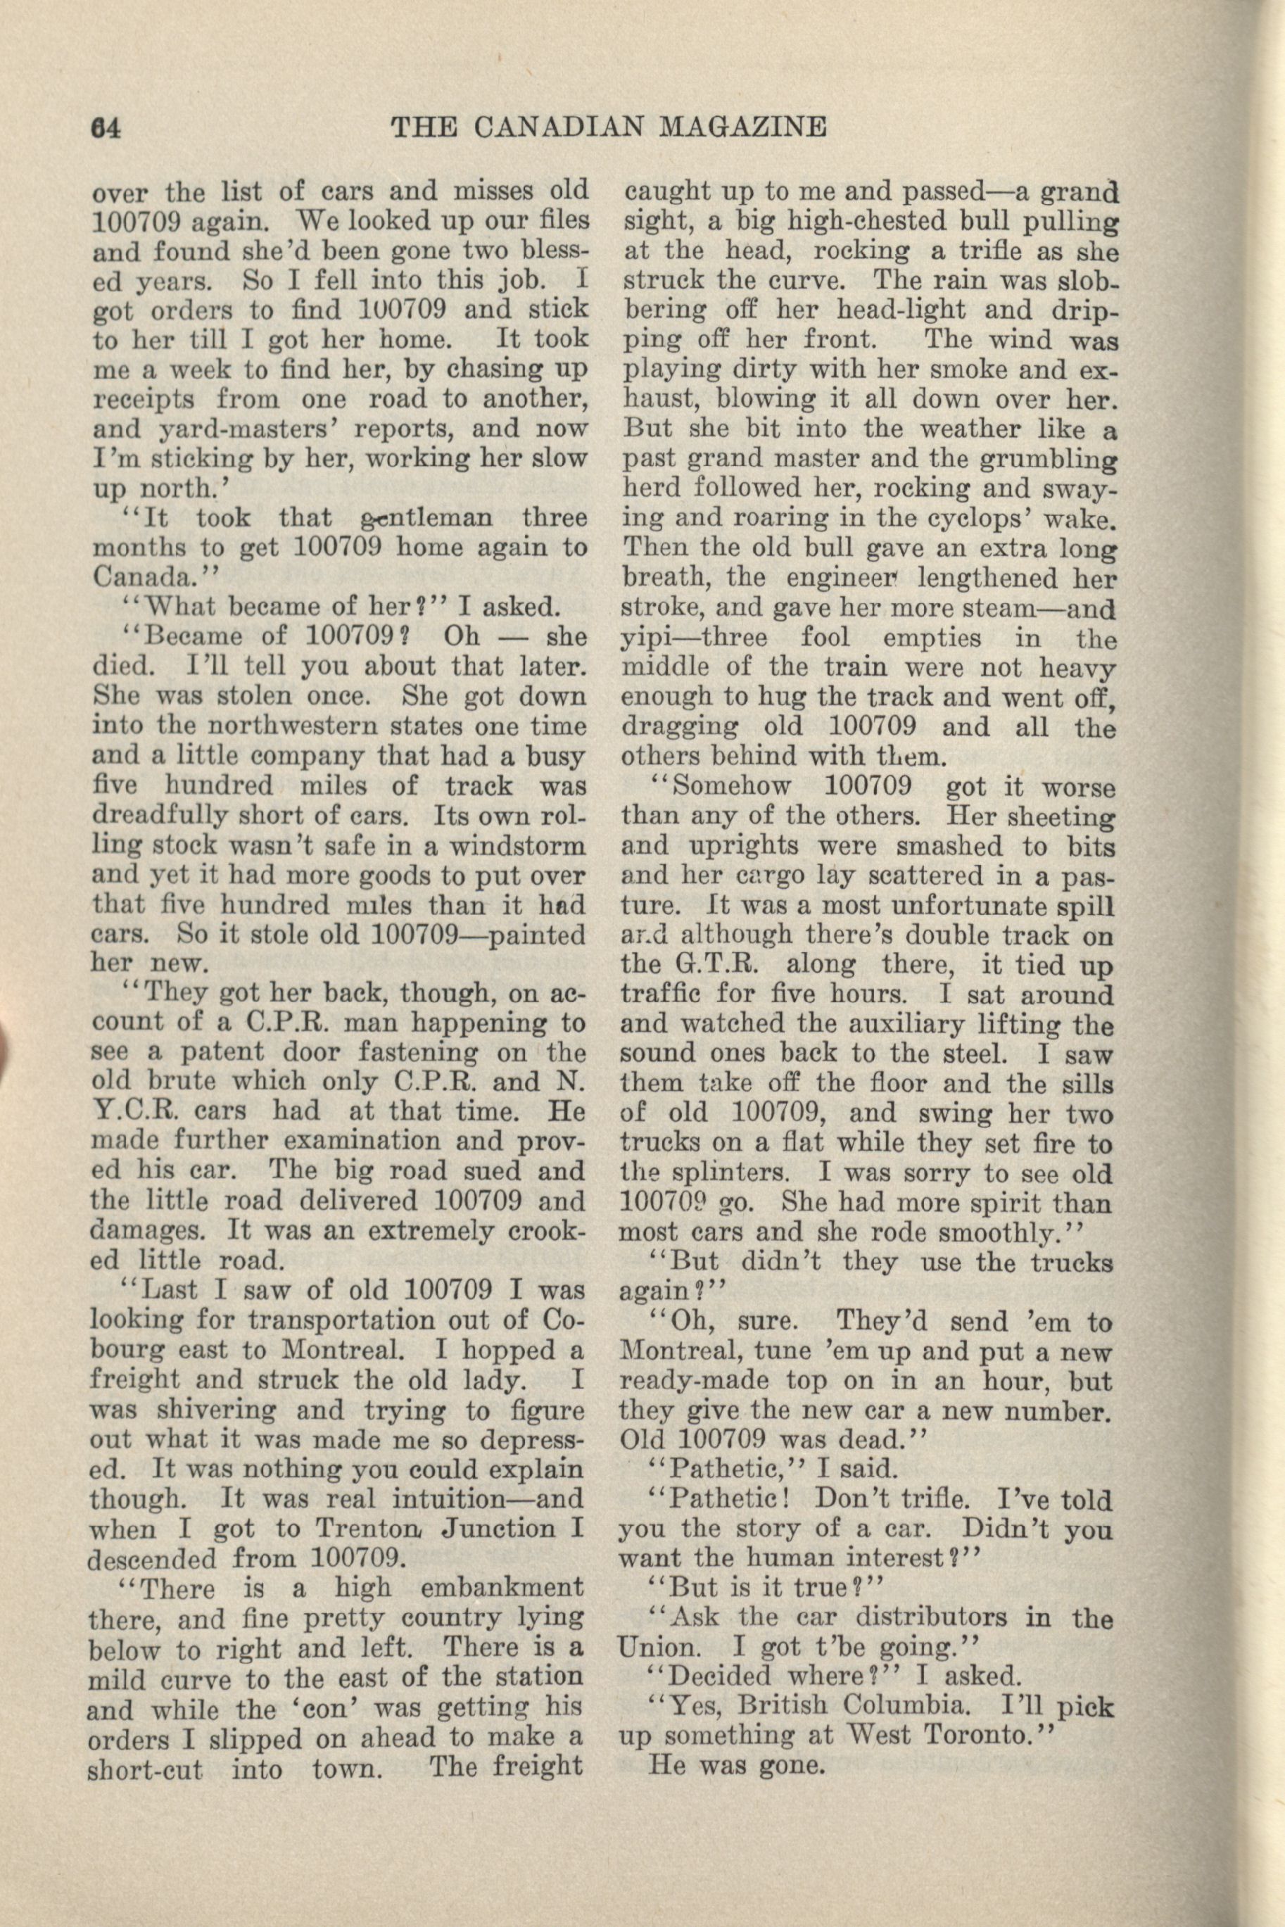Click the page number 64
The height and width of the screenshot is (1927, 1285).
point(106,128)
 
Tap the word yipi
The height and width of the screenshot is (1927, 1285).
point(645,638)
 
